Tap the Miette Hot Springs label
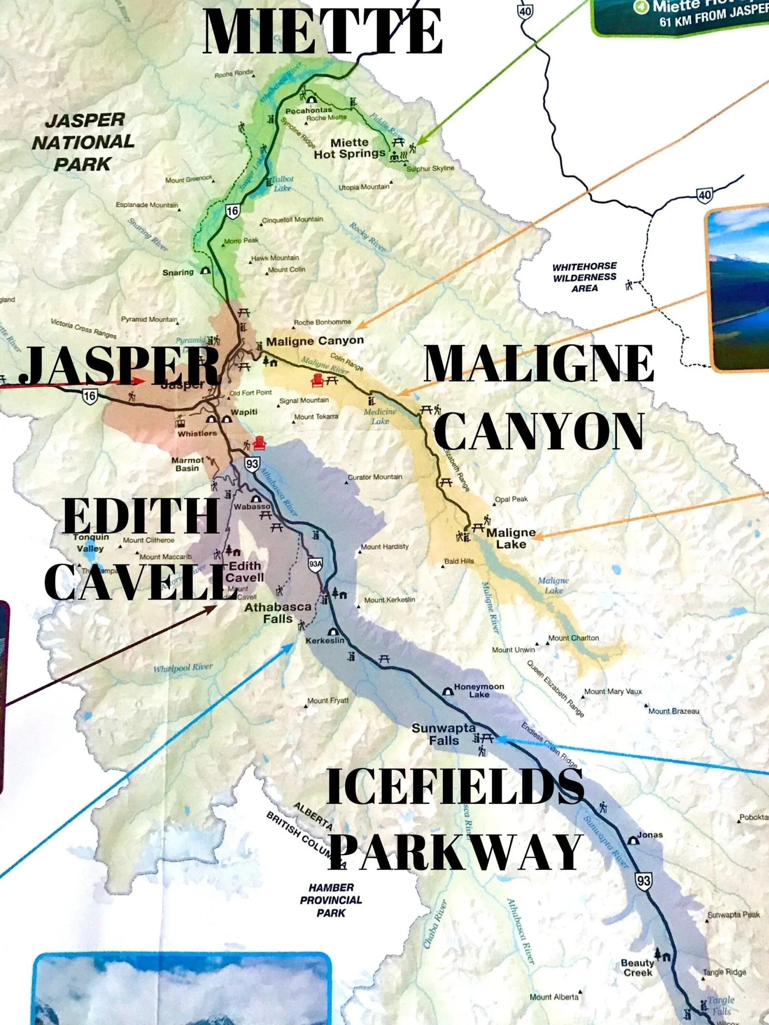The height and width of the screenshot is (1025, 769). [x=350, y=148]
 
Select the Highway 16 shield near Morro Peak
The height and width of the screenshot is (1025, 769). [x=232, y=211]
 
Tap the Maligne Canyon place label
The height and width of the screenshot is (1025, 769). [x=315, y=341]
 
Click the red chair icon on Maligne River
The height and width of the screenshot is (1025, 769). [x=318, y=380]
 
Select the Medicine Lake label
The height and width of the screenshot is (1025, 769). [x=380, y=416]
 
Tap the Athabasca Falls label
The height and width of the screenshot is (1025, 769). [x=269, y=613]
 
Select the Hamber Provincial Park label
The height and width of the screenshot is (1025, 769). [x=330, y=900]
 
